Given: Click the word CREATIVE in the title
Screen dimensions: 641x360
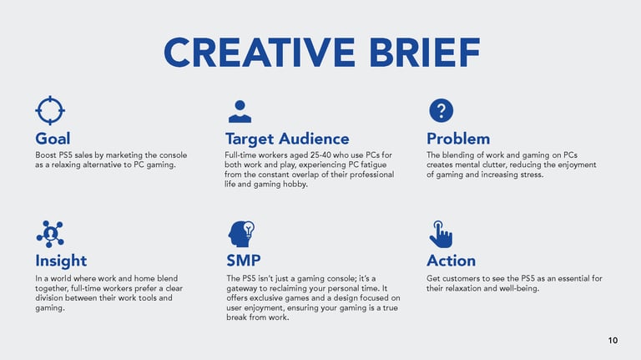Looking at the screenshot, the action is [x=260, y=53].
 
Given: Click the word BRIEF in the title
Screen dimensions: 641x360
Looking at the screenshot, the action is [x=425, y=53].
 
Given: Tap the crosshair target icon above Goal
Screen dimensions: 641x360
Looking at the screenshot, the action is [x=50, y=110].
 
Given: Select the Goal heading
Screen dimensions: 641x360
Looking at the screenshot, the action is [x=53, y=139].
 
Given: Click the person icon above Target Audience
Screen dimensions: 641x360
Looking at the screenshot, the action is [x=240, y=111].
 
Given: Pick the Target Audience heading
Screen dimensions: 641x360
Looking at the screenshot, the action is [x=287, y=139].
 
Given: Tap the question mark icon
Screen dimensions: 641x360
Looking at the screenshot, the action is [x=441, y=110].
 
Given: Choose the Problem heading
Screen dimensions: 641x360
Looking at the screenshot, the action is [x=458, y=139].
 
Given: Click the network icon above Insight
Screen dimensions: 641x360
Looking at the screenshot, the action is [x=50, y=234].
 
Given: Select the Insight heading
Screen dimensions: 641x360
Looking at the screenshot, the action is [x=61, y=261].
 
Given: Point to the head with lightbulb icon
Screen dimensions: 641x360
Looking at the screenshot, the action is [x=241, y=234].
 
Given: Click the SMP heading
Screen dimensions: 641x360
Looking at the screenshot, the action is [x=244, y=261].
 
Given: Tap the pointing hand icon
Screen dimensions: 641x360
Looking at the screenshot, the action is [x=441, y=235].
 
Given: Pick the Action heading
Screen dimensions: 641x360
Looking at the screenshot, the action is [x=452, y=261].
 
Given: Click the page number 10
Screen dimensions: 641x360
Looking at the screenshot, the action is [x=613, y=340].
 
